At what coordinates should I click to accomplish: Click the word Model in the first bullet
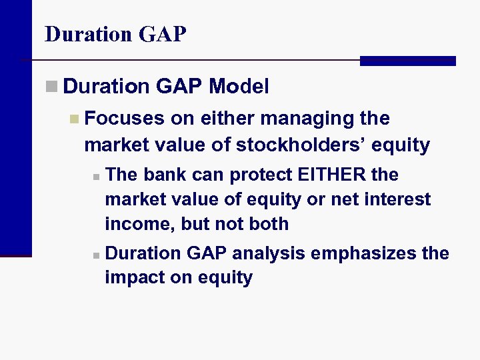(x=239, y=86)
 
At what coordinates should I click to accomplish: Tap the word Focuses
(x=125, y=119)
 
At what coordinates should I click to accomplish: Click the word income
(x=140, y=224)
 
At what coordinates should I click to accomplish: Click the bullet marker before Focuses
(x=74, y=119)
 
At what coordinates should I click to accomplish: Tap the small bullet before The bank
(x=96, y=177)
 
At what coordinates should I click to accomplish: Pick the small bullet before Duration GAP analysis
(x=96, y=255)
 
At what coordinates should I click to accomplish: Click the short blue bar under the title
(x=407, y=61)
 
